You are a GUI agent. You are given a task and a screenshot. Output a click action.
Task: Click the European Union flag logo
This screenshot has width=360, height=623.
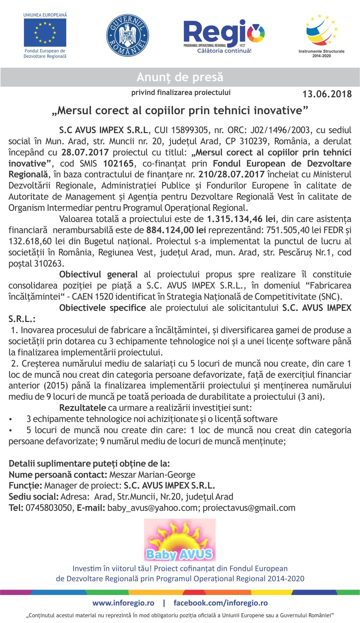point(45,32)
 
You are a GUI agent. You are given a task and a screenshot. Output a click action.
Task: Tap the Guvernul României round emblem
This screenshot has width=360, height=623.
point(127,35)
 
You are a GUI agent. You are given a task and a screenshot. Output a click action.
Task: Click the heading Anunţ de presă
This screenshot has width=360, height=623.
point(180,77)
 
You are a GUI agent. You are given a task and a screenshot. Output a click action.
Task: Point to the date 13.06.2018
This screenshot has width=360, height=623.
point(327,94)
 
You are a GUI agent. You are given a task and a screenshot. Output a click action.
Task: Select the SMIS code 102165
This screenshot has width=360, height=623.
point(118,164)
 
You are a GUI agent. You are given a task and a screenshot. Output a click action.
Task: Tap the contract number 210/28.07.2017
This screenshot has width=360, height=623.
point(231,174)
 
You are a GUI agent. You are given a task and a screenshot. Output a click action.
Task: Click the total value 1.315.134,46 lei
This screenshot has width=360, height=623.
point(241,219)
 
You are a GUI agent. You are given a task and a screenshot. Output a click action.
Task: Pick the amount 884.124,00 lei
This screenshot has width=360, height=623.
point(176,230)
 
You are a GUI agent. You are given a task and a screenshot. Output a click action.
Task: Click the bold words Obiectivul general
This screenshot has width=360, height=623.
point(98,274)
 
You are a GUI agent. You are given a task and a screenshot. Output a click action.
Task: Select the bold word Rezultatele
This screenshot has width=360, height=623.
point(82,408)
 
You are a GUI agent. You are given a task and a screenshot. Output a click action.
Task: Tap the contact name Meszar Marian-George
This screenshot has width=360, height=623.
point(152,475)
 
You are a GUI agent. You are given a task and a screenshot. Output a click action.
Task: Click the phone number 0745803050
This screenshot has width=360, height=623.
point(49,508)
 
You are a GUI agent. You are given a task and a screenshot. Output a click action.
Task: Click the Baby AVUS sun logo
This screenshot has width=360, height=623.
point(179,540)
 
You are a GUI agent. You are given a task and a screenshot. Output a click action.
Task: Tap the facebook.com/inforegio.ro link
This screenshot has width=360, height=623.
point(220,603)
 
